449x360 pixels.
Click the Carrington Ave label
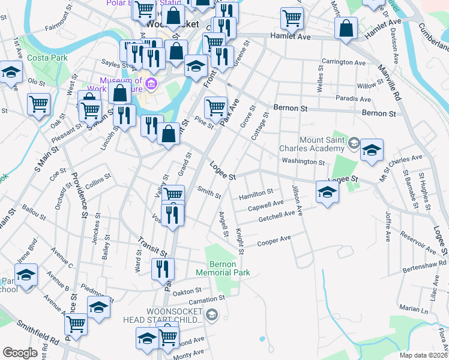[x=343, y=62]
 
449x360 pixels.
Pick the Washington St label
[x=303, y=161]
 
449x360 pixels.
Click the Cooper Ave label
[x=274, y=241]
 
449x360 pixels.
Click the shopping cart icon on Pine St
[x=215, y=108]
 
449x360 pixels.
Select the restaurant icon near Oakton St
[x=162, y=269]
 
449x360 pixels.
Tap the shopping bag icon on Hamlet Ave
[x=347, y=28]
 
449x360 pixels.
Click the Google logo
[x=20, y=353]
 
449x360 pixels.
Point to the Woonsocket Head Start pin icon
[x=212, y=314]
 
